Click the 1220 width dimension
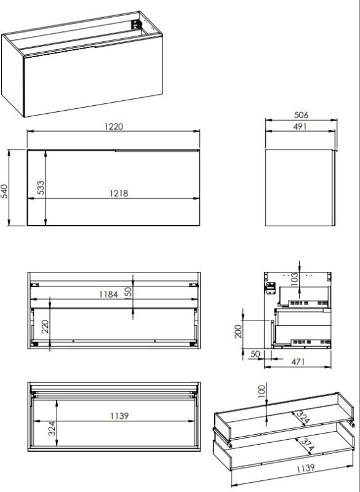[x=114, y=127]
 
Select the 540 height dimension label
[x=4, y=191]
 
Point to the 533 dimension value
[x=41, y=188]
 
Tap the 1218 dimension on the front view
[x=119, y=193]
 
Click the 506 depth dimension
[x=301, y=115]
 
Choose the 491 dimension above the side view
[x=300, y=127]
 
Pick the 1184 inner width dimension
[x=108, y=295]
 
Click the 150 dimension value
[x=129, y=293]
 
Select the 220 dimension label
[x=45, y=327]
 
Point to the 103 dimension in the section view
[x=294, y=280]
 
